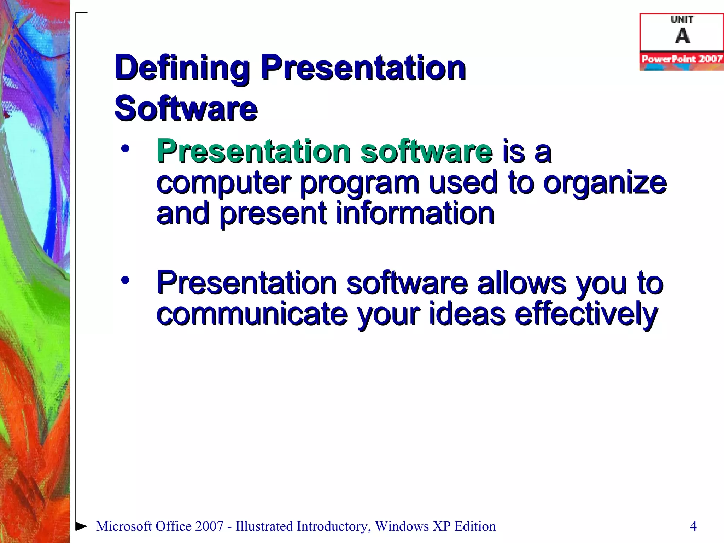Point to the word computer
223,183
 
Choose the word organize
605,183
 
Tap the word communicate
252,314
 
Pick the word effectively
586,314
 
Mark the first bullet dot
125,149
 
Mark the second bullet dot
125,280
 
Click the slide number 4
693,526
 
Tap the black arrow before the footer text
81,526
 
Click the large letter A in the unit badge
682,36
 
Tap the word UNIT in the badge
682,19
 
